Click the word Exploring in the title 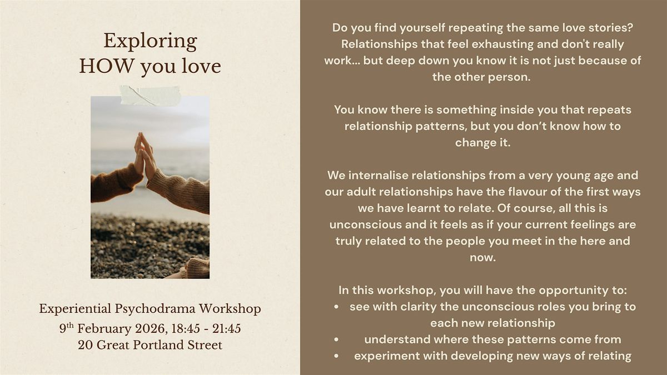[150, 42]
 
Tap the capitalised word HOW [107, 66]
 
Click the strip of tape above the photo [151, 96]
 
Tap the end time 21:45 [226, 329]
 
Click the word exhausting [502, 44]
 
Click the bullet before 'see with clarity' [336, 307]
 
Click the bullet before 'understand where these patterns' [336, 339]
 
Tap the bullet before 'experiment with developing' [336, 356]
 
